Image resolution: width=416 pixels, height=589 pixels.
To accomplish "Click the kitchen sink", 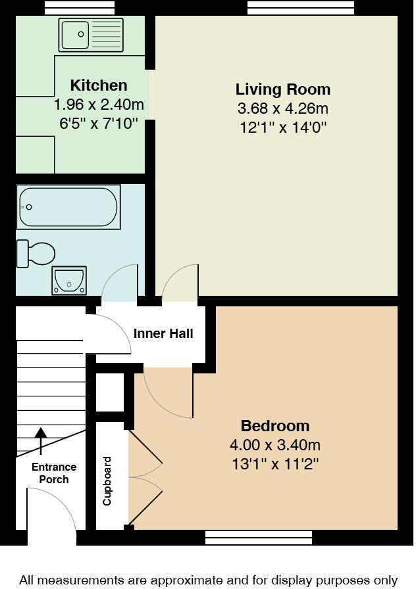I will pos(91,35).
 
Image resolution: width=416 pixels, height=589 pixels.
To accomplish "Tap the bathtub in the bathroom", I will pos(68,207).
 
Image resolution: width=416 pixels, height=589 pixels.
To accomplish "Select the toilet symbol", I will pos(36,253).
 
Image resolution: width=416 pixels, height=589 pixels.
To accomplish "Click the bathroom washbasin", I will pos(69,281).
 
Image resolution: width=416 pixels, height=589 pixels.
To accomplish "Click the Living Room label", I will pos(283,89).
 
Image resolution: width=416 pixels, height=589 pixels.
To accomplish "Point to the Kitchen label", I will pos(99,85).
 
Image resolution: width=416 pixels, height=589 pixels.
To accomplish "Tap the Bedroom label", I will pos(274,425).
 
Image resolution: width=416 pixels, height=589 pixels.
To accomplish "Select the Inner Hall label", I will pos(163,334).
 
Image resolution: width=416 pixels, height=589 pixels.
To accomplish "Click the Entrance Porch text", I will pos(54,473).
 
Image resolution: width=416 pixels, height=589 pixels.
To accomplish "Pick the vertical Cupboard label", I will pos(107,481).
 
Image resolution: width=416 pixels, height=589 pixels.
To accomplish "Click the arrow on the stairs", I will pos(41,440).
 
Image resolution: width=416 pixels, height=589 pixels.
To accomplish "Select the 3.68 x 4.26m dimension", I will pos(283,108).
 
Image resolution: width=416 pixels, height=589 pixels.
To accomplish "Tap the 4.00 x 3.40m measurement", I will pos(274,445).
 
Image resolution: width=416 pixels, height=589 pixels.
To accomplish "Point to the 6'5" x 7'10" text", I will pos(99,122).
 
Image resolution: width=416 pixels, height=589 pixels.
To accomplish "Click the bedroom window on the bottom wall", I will pos(258,537).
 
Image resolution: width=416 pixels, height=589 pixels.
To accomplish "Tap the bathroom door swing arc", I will pos(118,279).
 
